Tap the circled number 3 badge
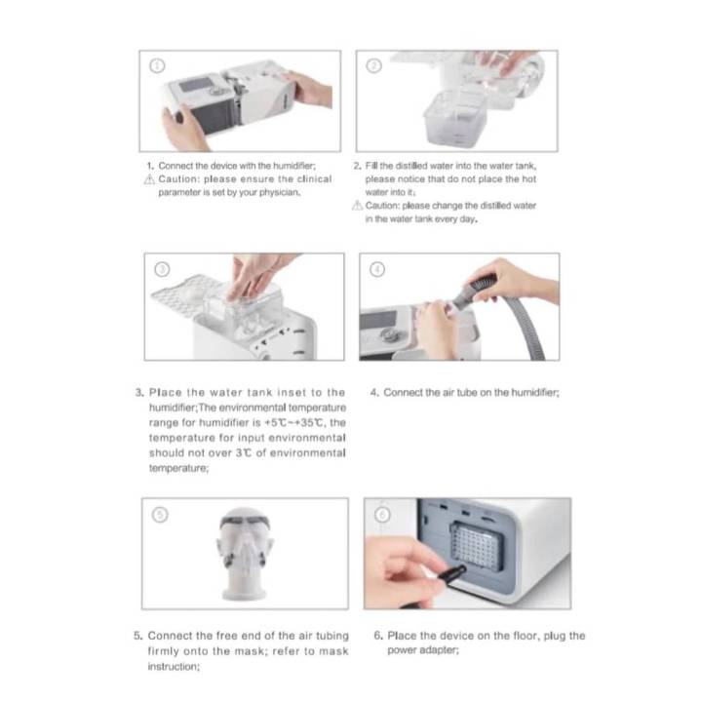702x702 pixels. point(163,268)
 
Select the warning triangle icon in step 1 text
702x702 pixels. point(149,179)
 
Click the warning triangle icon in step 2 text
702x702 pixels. point(358,206)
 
